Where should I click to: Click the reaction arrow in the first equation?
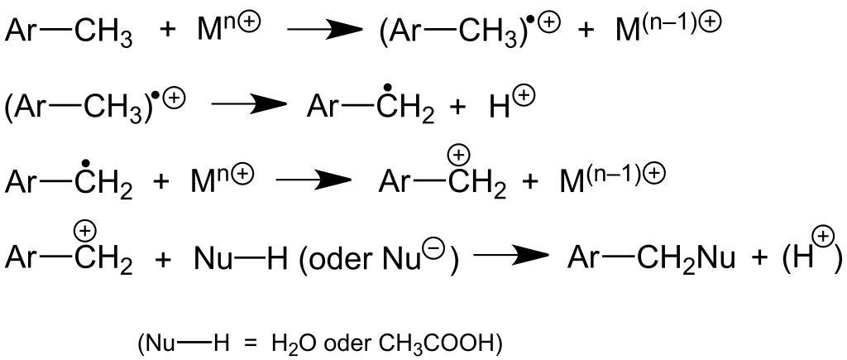point(324,32)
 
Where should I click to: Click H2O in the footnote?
point(296,343)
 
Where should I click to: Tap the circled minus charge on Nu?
point(439,247)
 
